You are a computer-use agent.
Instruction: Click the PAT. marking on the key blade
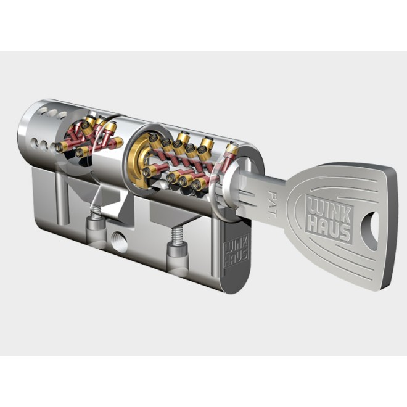273,203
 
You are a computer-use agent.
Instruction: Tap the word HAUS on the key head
328,228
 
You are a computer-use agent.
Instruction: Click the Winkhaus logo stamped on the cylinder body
236,250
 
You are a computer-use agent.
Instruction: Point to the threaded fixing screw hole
118,242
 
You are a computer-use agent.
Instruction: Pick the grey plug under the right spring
178,255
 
